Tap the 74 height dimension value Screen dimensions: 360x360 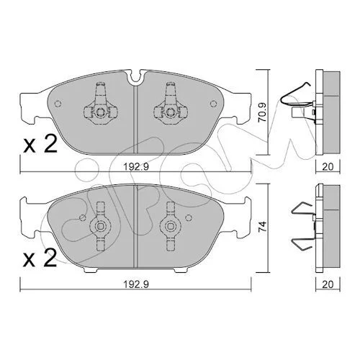[x=264, y=226]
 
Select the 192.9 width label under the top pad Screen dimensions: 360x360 [x=136, y=166]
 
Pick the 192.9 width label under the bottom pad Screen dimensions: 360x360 [x=136, y=284]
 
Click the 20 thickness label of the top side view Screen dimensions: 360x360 [x=328, y=166]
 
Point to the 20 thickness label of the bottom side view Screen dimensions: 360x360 [x=328, y=284]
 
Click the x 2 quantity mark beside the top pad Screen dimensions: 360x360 [x=40, y=143]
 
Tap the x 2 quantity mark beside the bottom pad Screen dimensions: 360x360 [x=40, y=258]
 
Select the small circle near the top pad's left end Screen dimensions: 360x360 [x=58, y=104]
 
